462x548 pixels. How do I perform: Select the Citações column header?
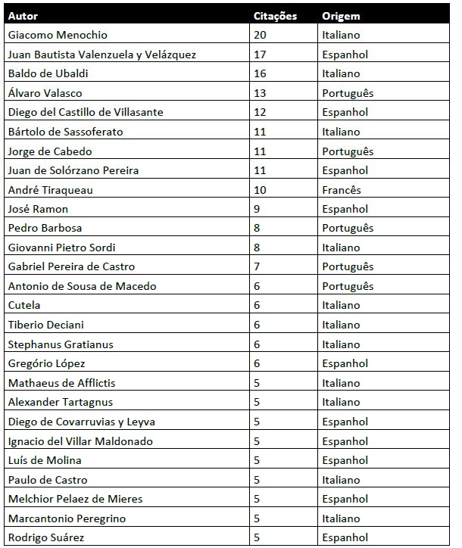(276, 16)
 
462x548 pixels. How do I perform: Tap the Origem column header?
(341, 16)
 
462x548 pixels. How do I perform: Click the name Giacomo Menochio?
(58, 35)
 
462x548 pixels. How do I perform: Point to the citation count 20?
(260, 35)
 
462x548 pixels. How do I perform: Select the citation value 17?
(260, 54)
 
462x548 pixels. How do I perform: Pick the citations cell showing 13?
(260, 93)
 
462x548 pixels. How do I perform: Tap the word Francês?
(342, 190)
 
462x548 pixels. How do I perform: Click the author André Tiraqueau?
(50, 190)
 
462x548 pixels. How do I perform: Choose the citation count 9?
(257, 209)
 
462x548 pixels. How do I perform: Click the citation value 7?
(257, 267)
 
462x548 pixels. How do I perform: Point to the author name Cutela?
(24, 306)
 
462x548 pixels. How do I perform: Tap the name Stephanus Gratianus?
(61, 344)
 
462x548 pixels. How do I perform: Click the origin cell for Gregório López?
(345, 363)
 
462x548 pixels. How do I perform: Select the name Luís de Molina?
(45, 460)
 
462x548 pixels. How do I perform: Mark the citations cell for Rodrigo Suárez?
(257, 538)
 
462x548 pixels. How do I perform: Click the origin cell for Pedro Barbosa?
(348, 229)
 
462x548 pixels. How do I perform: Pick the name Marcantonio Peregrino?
(67, 518)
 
